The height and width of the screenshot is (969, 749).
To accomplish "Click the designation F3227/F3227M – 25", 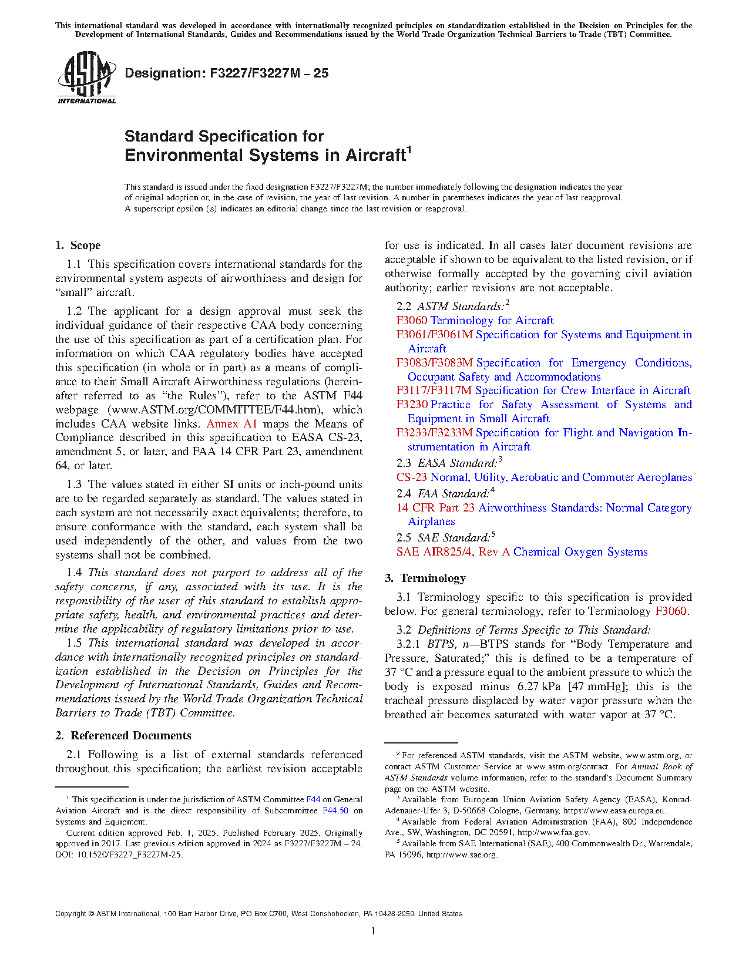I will pos(227,73).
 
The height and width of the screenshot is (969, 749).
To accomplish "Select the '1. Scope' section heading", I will pos(78,245).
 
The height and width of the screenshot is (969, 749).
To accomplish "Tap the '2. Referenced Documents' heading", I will pos(123,736).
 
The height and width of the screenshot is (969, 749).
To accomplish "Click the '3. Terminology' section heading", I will pos(425,578).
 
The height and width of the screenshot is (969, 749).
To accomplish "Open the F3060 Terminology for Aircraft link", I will pos(475,321).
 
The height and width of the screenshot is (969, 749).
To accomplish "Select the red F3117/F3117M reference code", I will pos(434,391).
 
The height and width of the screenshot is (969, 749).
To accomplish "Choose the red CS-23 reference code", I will pos(411,477).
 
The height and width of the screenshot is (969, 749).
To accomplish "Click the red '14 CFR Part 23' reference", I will pos(435,508).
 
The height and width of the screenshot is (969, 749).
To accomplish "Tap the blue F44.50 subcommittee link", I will pos(335,811).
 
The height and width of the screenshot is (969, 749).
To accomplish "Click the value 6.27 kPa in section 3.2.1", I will pos(540,687).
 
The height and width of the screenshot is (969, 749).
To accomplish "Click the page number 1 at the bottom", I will pos(374,930).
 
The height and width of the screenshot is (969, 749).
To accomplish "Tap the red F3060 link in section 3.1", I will pos(670,611).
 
